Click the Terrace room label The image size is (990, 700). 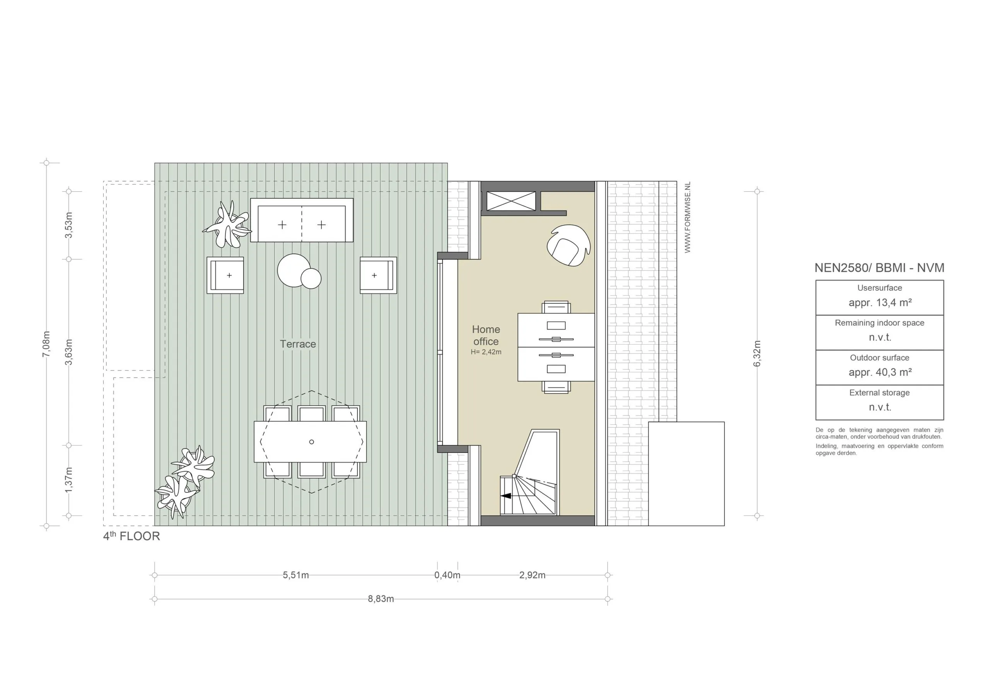297,344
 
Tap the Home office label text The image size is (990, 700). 486,336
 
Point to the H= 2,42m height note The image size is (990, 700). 486,352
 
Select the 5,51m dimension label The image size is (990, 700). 296,575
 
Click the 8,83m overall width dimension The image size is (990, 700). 381,599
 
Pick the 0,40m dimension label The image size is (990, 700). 447,575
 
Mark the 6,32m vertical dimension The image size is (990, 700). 757,353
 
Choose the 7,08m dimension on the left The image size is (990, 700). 46,344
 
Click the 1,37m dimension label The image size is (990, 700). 68,480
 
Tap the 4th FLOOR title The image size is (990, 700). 131,536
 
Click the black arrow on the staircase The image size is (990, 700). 506,496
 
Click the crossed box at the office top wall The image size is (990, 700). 511,201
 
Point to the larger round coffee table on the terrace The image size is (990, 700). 294,270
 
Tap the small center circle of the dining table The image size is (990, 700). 311,442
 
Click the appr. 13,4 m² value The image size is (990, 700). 880,303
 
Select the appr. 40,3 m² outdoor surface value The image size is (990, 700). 880,372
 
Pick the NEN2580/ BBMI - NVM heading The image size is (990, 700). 879,268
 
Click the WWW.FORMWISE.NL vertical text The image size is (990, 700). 687,217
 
